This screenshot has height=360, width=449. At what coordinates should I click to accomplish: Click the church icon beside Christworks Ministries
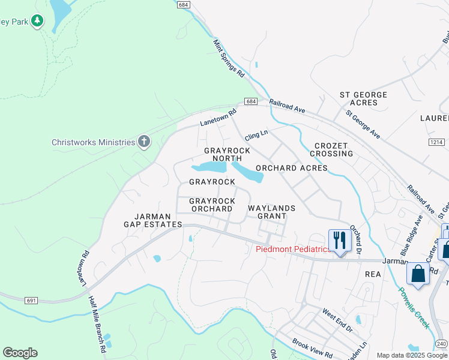click(x=144, y=142)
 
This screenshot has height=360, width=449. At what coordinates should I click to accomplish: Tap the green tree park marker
click(x=37, y=21)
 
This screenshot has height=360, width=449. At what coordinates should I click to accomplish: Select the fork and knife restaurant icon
click(x=339, y=241)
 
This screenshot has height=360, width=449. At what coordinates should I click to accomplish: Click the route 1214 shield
click(x=437, y=142)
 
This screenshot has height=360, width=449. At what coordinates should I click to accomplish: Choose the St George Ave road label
click(x=363, y=124)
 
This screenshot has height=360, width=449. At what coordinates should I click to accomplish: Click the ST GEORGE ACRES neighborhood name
click(x=363, y=99)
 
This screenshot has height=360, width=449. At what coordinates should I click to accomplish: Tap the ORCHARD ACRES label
click(x=292, y=168)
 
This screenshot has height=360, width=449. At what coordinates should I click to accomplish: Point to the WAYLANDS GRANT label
click(x=272, y=212)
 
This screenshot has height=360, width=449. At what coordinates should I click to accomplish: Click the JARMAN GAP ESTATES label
click(x=152, y=220)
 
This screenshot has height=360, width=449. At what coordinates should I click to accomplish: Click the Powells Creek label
click(x=415, y=307)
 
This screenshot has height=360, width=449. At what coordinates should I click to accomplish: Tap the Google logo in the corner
click(x=20, y=352)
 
